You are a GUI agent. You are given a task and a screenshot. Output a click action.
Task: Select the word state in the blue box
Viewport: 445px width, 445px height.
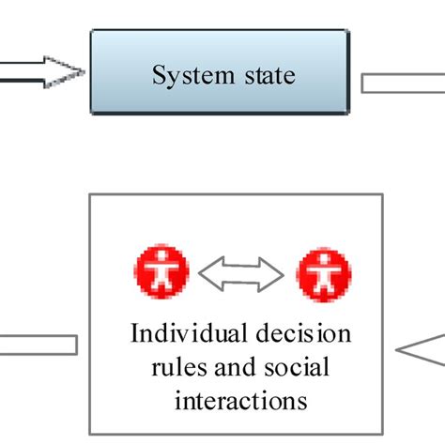260,75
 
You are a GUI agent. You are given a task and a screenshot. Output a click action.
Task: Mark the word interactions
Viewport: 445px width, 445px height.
240,400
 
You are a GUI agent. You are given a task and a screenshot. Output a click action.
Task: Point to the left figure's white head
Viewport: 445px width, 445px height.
162,259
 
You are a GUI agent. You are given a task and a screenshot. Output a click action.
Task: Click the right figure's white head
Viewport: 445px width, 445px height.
324,259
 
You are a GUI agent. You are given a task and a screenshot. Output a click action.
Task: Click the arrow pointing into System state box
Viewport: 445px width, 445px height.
56,70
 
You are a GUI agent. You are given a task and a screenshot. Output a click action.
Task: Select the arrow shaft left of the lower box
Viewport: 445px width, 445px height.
38,345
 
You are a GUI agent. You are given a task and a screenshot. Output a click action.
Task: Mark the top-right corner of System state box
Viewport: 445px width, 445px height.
348,31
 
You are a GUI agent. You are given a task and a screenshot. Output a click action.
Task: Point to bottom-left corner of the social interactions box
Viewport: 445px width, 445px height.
90,433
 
